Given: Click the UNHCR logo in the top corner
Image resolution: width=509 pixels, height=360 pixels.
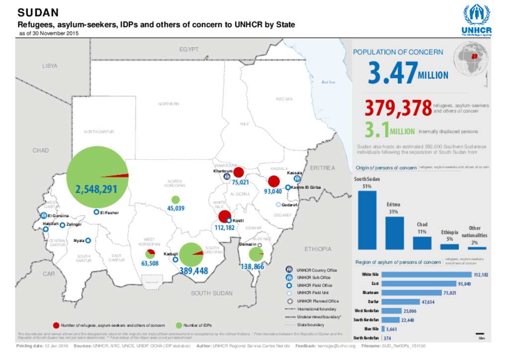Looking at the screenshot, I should click(x=476, y=20).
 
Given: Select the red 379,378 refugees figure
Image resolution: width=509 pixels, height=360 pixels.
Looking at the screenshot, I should click(x=398, y=108).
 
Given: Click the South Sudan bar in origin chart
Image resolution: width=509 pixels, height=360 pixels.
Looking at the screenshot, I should click(x=367, y=219).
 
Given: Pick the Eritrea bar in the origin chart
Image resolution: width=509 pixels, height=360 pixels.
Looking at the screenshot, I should click(x=394, y=233).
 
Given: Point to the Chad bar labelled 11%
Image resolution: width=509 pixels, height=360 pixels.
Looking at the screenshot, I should click(x=422, y=243).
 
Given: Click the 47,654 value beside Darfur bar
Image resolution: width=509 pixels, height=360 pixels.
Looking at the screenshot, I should click(x=428, y=301).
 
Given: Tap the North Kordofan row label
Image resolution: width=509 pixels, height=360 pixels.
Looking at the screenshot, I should click(x=367, y=338).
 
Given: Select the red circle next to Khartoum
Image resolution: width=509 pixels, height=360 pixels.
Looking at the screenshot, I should click(x=239, y=173).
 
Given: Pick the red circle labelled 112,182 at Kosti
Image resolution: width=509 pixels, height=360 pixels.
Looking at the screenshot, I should click(x=224, y=217).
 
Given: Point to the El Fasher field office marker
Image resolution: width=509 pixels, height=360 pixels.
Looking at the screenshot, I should click(x=96, y=212).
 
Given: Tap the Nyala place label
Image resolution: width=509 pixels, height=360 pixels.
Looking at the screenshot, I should click(x=79, y=241).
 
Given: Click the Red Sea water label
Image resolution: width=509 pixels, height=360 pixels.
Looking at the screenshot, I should click(x=329, y=82).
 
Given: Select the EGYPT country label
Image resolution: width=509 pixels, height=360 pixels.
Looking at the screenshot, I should click(x=189, y=50).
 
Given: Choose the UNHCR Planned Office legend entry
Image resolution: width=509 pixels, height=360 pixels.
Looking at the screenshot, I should click(x=318, y=301).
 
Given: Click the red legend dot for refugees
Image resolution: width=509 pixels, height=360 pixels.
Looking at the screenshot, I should click(x=56, y=325).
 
